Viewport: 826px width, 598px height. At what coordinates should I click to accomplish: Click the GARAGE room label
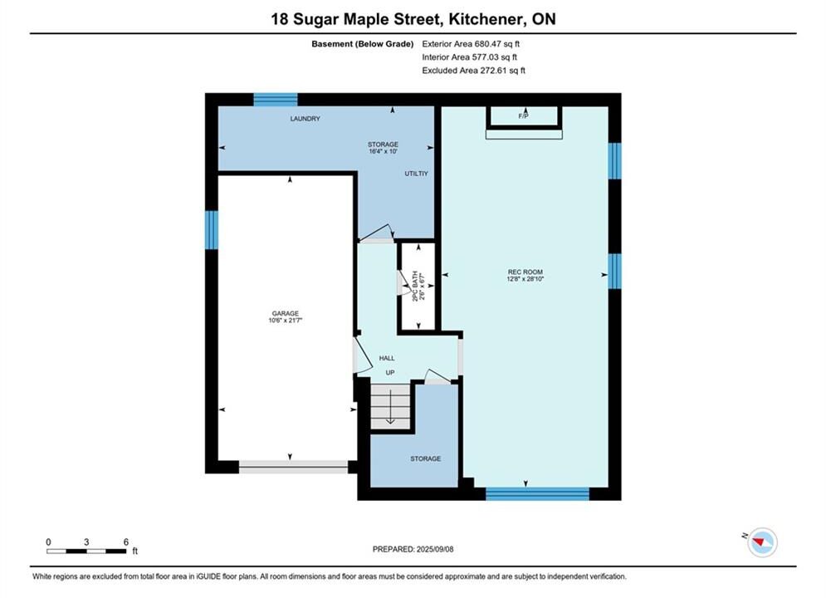click(285, 313)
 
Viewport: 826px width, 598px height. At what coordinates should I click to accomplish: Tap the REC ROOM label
click(525, 272)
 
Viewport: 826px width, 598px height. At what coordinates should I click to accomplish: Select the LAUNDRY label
click(305, 119)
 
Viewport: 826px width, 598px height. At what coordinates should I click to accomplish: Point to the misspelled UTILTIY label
click(416, 174)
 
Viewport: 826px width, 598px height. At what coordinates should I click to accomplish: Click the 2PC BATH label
click(415, 286)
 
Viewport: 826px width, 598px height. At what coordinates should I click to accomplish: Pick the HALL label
click(387, 358)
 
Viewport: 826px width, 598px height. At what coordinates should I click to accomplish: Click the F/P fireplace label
click(523, 116)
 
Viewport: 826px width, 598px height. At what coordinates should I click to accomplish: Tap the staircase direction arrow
click(390, 404)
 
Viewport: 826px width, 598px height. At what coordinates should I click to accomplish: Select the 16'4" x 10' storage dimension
click(383, 151)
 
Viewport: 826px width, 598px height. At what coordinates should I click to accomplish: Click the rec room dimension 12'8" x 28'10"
click(525, 279)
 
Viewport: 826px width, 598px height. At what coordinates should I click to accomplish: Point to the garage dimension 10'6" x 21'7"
click(285, 320)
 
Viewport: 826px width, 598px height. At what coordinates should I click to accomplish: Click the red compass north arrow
click(759, 541)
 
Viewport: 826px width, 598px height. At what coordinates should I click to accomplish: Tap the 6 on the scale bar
click(126, 542)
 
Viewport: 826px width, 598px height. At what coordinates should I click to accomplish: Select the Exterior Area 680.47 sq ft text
click(471, 44)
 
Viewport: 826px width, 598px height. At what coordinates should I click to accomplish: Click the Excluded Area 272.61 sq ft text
click(473, 70)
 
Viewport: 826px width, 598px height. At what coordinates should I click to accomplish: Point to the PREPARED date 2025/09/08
click(435, 549)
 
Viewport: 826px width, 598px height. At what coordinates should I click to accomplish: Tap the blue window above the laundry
click(276, 100)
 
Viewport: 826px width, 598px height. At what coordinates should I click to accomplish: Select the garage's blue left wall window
click(211, 230)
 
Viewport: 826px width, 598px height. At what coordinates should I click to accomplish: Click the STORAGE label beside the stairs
click(426, 458)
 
